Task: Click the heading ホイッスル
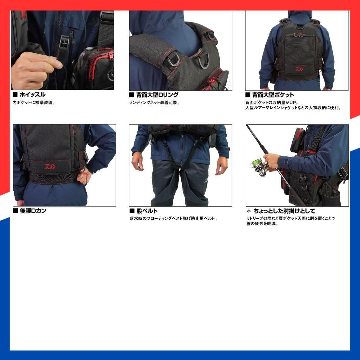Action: (32, 95)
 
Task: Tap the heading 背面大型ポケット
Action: (273, 95)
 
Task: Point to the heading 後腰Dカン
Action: (33, 211)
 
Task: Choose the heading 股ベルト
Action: (147, 211)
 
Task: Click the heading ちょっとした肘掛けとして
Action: (284, 211)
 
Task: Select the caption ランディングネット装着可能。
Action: (155, 103)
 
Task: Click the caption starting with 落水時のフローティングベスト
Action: (173, 218)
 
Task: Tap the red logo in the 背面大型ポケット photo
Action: (300, 68)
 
